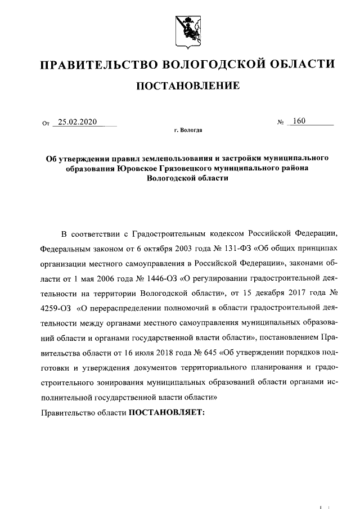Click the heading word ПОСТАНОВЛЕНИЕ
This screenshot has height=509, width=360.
tap(187, 85)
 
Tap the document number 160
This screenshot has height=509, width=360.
tap(299, 122)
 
